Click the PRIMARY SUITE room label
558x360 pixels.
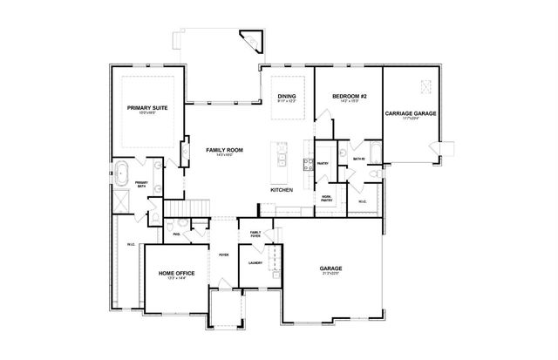[147, 107]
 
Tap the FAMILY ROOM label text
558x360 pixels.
[224, 150]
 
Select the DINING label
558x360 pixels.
[287, 96]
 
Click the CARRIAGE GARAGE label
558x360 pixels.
[412, 113]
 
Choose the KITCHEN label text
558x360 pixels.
[282, 189]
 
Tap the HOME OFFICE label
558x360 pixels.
[176, 274]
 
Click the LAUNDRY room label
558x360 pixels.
[255, 262]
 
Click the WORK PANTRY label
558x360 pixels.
[326, 198]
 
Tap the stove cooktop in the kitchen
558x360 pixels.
[306, 162]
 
